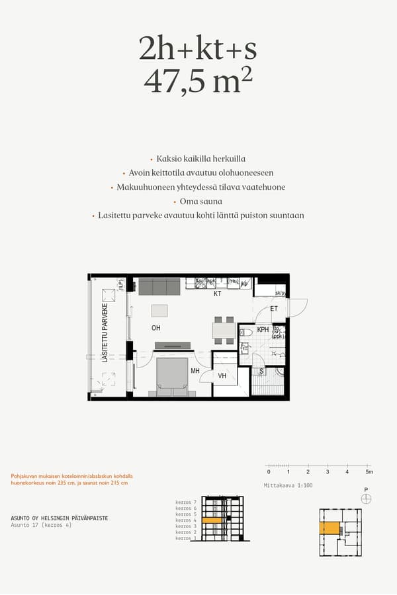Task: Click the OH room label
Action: pos(156,328)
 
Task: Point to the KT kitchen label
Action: pos(217,294)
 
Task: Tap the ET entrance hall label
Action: pos(274,309)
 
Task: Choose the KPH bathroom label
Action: pos(263,329)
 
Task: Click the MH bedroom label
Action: pos(195,372)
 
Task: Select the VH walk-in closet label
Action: pos(222,376)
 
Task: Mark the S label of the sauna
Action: pos(261,372)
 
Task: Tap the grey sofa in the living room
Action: pos(159,287)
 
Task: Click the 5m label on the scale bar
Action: pos(369,472)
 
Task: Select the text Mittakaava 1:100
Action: pos(288,486)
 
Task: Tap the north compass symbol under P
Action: pos(366,498)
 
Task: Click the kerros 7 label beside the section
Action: pos(186,502)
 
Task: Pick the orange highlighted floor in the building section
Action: pos(212,521)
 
